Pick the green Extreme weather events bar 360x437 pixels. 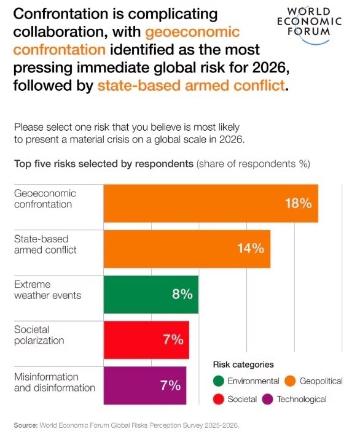pyautogui.click(x=151, y=294)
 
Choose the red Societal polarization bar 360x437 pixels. pyautogui.click(x=146, y=339)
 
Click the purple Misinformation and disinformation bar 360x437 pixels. pyautogui.click(x=144, y=385)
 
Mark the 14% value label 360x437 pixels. pyautogui.click(x=250, y=249)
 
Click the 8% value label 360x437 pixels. pyautogui.click(x=182, y=294)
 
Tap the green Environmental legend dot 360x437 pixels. pyautogui.click(x=218, y=381)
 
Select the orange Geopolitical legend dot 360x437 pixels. pyautogui.click(x=290, y=381)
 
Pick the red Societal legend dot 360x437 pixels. pyautogui.click(x=218, y=399)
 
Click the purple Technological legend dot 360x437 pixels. pyautogui.click(x=268, y=399)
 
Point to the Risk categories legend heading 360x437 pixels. pyautogui.click(x=243, y=364)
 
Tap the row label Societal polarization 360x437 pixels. pyautogui.click(x=39, y=335)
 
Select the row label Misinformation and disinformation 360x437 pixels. pyautogui.click(x=54, y=382)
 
